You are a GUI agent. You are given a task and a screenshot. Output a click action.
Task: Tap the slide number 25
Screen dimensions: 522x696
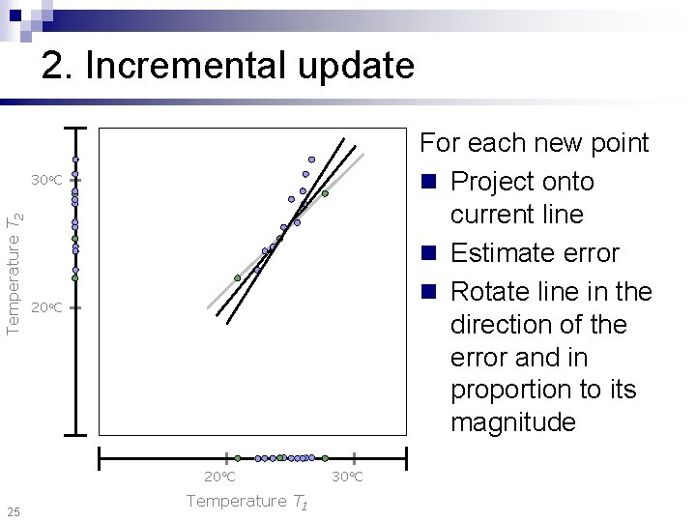[x=13, y=510]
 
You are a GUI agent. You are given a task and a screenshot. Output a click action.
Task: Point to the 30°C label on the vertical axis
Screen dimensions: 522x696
[x=45, y=181]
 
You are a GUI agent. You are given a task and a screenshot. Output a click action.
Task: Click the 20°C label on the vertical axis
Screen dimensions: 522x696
[x=45, y=308]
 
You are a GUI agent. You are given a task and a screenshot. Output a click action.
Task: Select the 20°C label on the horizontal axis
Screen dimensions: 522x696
[x=219, y=478]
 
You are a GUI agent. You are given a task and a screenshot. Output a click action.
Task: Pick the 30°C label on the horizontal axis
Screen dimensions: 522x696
[x=347, y=478]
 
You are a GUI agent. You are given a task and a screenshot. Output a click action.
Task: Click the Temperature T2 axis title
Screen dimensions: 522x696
[x=14, y=274]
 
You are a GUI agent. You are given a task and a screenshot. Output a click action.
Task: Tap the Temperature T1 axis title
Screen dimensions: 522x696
[x=247, y=501]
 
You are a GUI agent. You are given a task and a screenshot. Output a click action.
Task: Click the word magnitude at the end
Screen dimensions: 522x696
[x=512, y=422]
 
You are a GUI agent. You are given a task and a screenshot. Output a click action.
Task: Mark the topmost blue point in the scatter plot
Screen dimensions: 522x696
[x=311, y=159]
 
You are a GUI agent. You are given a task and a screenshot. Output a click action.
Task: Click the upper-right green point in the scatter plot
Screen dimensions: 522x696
[x=325, y=193]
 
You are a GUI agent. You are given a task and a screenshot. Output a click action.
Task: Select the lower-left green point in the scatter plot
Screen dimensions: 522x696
[x=237, y=277]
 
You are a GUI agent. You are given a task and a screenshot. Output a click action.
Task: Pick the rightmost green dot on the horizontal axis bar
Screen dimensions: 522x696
[x=325, y=458]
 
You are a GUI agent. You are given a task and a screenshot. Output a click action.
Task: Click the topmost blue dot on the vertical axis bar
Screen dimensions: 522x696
[x=75, y=159]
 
